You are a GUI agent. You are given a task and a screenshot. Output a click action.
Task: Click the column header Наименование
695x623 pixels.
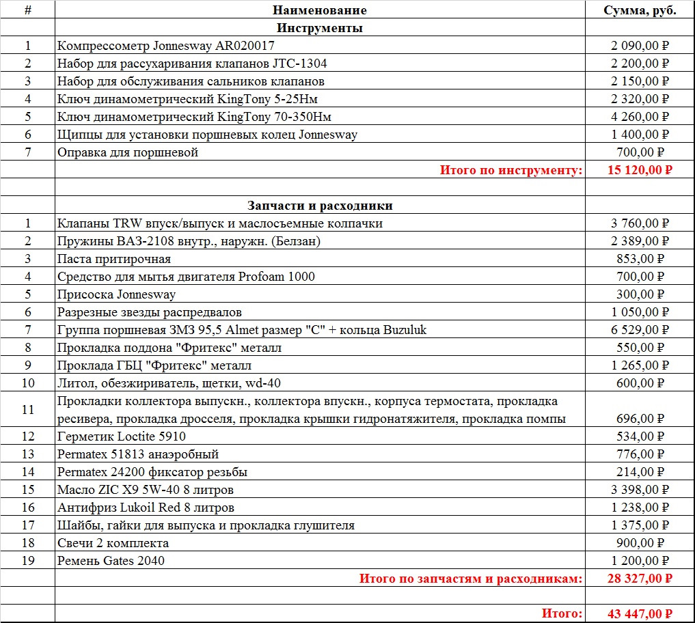(319, 10)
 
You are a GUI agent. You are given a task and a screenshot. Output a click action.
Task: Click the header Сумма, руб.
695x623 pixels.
(640, 10)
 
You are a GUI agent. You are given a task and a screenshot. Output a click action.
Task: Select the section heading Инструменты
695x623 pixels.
(319, 28)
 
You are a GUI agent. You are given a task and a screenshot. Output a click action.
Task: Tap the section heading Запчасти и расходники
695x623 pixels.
(319, 206)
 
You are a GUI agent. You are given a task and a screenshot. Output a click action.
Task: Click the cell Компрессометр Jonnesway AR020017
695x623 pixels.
(167, 46)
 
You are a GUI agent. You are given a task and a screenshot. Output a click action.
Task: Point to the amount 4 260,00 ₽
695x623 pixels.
(640, 117)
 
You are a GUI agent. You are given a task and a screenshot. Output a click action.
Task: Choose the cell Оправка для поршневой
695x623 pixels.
(128, 152)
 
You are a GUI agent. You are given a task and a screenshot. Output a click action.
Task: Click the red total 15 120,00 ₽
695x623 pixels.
(640, 170)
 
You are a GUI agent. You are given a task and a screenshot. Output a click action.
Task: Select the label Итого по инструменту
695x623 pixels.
(511, 170)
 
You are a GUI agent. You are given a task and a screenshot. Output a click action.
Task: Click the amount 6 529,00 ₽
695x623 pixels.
(640, 330)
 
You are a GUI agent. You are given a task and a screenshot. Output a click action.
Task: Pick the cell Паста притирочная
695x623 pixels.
(115, 259)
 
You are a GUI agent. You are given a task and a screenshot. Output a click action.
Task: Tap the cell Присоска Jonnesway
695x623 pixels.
(117, 294)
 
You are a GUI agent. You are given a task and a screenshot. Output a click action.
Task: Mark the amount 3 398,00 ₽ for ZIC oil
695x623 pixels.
(640, 490)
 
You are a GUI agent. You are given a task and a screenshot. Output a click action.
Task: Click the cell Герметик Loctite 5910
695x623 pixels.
(122, 437)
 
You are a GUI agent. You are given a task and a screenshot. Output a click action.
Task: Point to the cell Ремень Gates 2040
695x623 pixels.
(111, 561)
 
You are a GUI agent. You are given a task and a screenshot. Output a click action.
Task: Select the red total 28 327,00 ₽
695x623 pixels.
(640, 579)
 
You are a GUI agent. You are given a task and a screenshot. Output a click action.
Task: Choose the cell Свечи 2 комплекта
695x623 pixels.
(113, 543)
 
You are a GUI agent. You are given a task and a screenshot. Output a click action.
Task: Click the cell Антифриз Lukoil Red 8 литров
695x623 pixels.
(146, 508)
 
